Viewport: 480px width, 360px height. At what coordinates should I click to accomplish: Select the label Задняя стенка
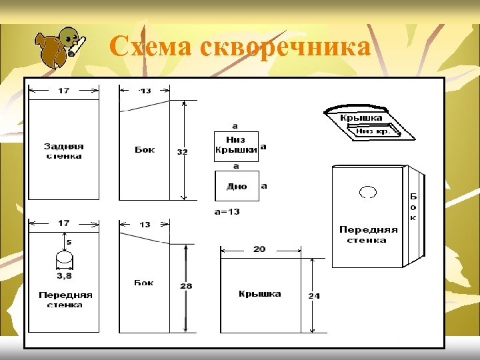(63, 151)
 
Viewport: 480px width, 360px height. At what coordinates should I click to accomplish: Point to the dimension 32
(182, 151)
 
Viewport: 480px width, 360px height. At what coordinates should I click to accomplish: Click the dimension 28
(186, 286)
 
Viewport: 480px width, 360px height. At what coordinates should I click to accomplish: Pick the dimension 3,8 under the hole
(63, 275)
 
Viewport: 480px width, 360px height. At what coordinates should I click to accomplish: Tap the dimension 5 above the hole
(69, 241)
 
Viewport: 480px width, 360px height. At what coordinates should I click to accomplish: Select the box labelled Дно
(237, 186)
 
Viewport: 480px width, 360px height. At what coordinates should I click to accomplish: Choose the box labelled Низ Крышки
(236, 145)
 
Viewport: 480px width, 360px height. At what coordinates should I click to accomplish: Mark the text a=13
(227, 211)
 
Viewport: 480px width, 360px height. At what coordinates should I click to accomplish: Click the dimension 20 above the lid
(259, 249)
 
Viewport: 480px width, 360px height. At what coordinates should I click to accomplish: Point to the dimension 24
(313, 295)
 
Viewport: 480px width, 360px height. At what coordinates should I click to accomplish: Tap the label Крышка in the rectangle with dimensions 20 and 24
(259, 293)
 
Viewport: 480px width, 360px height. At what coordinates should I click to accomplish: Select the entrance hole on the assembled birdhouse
(367, 192)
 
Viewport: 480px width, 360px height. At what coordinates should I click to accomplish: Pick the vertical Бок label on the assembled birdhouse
(413, 207)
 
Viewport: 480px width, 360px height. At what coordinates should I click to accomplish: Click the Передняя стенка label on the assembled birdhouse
(367, 235)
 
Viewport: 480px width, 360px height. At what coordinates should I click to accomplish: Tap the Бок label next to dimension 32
(145, 149)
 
